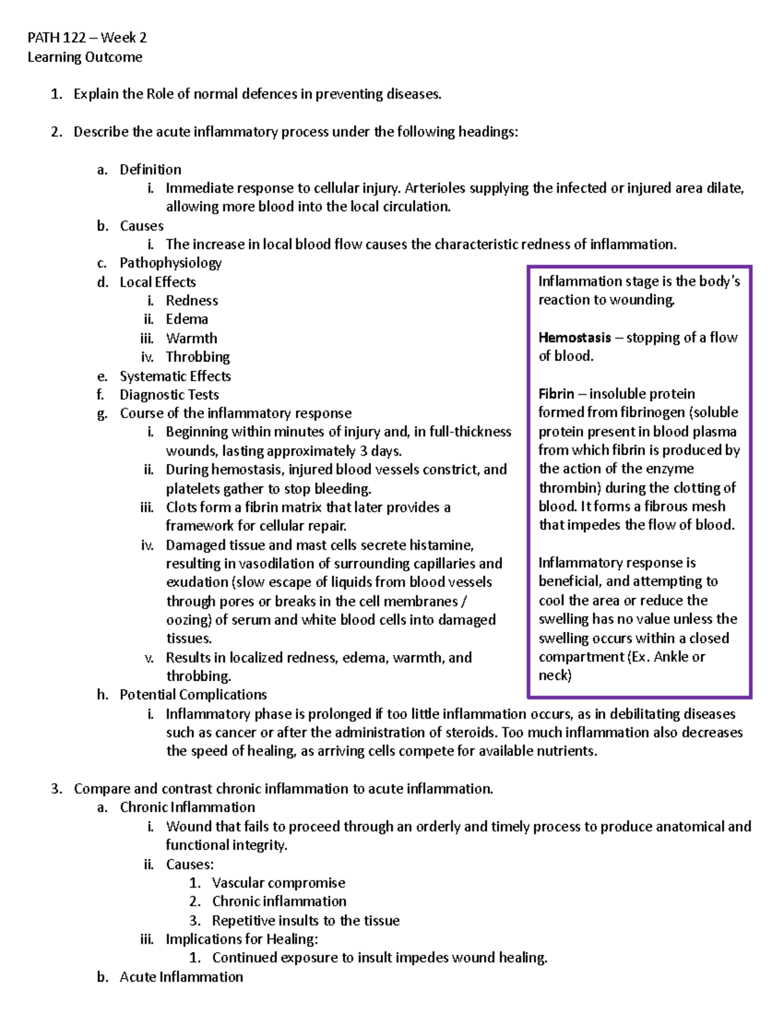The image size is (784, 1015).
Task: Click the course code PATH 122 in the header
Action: click(x=56, y=37)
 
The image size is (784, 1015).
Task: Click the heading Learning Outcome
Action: click(x=85, y=57)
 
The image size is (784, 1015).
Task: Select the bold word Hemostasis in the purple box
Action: click(x=574, y=337)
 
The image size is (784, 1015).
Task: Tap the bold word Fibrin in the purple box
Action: click(x=556, y=393)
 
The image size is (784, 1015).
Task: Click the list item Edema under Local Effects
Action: click(x=187, y=319)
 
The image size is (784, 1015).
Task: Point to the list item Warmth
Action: click(x=191, y=338)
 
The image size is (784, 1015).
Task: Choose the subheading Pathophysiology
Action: click(x=171, y=263)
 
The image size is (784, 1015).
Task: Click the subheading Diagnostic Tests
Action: click(x=169, y=394)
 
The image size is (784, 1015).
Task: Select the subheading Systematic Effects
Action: click(x=175, y=376)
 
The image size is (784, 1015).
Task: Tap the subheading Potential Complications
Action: click(x=193, y=694)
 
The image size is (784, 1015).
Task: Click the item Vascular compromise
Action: click(x=278, y=882)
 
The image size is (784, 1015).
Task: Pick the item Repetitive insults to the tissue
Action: click(x=306, y=920)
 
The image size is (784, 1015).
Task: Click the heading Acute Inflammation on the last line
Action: click(x=182, y=976)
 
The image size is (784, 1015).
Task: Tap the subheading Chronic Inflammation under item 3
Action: click(x=188, y=807)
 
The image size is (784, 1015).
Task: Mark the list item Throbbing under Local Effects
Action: click(x=198, y=357)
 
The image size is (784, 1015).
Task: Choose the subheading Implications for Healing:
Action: click(x=242, y=939)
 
